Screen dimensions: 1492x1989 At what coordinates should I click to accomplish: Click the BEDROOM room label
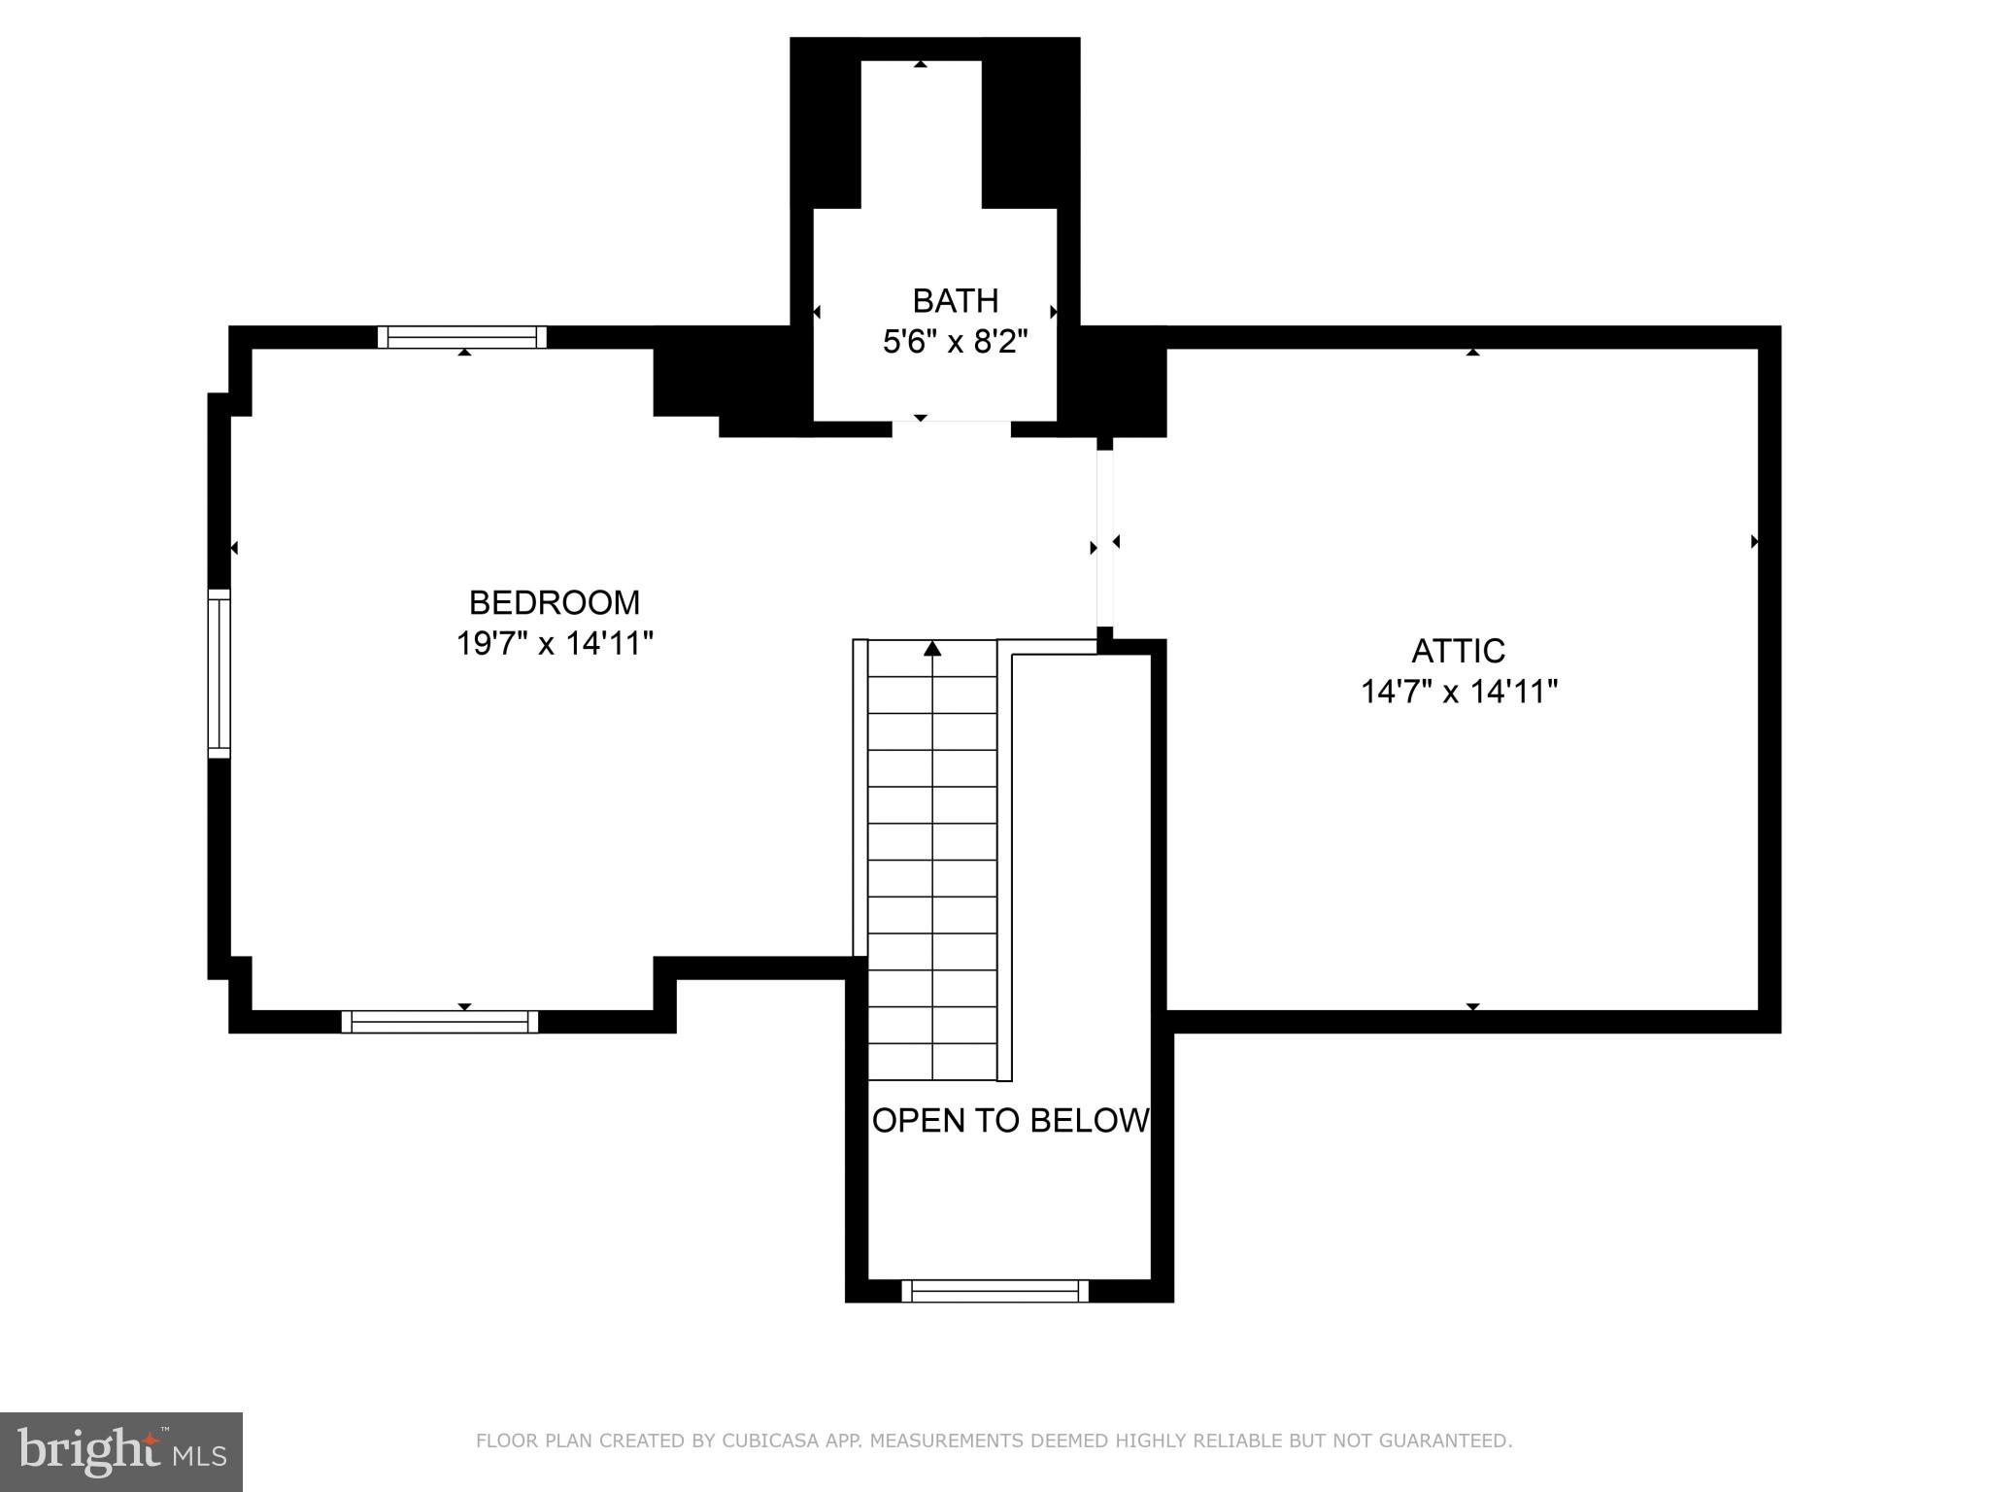point(554,602)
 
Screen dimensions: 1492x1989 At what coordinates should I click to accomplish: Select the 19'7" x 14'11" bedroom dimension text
point(554,643)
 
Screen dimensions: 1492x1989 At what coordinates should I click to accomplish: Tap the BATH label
point(955,301)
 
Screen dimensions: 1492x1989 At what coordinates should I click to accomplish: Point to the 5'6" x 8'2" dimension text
point(955,342)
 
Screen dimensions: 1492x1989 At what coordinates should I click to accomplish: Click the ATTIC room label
point(1458,651)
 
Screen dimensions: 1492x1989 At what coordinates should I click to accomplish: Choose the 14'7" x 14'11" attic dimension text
point(1458,692)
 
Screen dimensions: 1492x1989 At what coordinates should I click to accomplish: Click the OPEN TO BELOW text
point(1010,1120)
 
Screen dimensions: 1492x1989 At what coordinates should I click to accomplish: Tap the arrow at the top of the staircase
point(932,648)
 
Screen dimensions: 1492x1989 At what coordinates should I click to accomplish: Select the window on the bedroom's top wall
point(462,337)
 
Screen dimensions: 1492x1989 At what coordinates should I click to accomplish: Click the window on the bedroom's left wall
point(219,673)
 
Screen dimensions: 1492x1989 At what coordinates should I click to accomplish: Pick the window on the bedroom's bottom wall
point(439,1021)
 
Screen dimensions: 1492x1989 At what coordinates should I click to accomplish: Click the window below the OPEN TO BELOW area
point(994,1291)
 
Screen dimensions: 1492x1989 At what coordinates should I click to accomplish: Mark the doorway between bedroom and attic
point(1104,540)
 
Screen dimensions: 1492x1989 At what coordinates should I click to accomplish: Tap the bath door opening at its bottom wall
point(951,427)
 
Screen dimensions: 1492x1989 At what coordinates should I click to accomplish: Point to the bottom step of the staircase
point(932,1062)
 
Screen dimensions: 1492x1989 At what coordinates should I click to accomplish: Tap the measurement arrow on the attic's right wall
point(1754,541)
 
